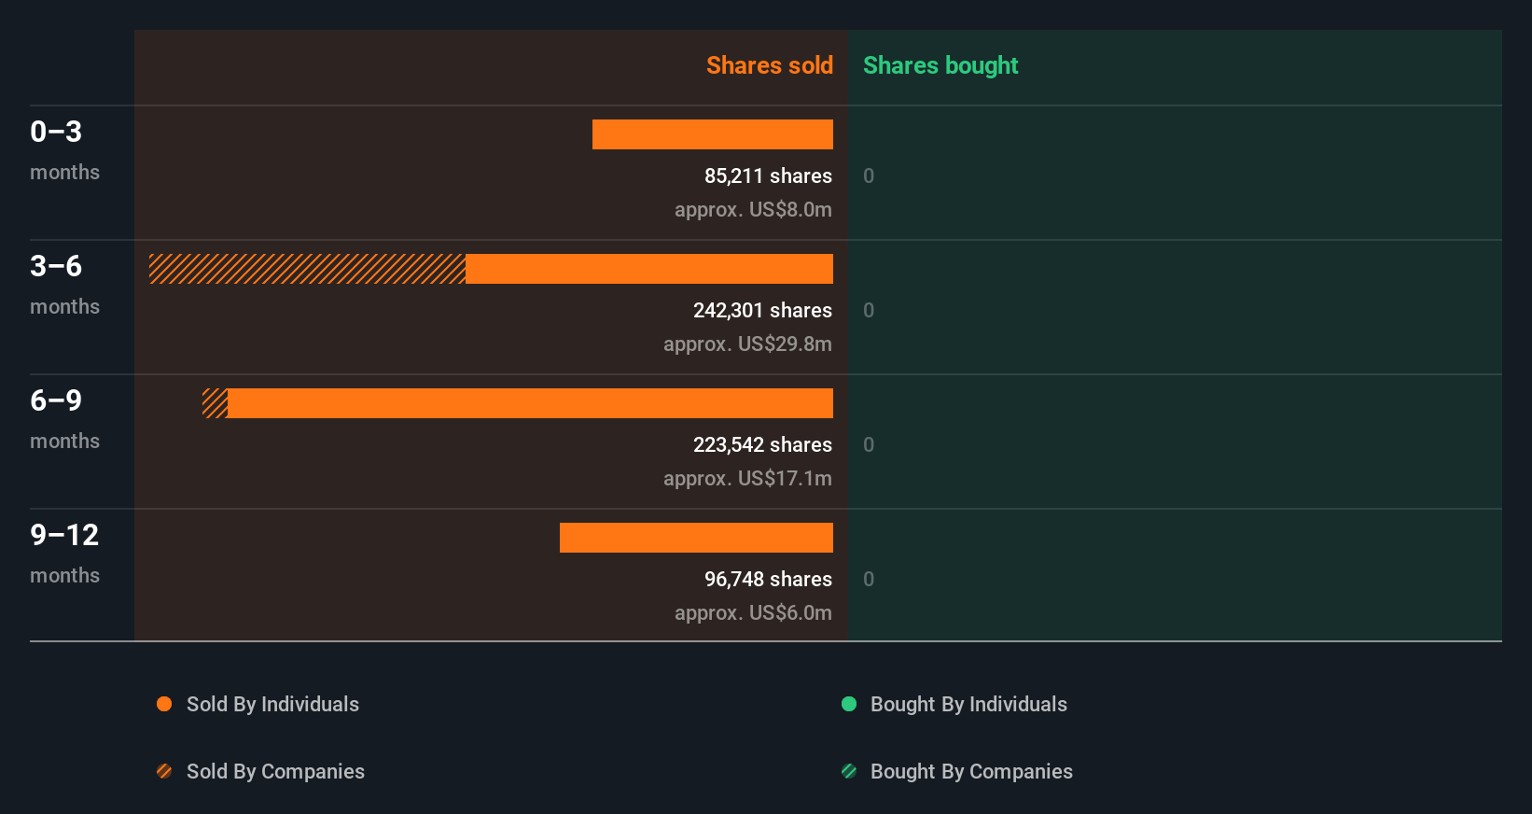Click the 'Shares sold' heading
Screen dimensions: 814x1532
pos(769,65)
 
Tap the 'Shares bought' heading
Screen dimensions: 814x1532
pos(940,65)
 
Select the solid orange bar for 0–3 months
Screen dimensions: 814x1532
pos(713,134)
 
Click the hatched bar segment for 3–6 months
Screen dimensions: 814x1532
pos(307,269)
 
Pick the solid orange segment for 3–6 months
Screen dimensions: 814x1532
pos(649,269)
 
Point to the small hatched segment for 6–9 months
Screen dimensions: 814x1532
pos(215,403)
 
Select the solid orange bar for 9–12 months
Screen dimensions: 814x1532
pos(696,538)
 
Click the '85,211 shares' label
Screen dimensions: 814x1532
pos(768,175)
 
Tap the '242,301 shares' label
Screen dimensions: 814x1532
pos(762,310)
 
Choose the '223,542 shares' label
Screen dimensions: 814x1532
pos(762,444)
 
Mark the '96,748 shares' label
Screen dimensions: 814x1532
pos(768,579)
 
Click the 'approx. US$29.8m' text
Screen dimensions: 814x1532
pos(747,344)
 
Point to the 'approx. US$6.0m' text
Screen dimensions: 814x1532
pos(753,612)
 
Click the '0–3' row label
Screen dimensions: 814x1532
pos(56,132)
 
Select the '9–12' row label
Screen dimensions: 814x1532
pos(64,535)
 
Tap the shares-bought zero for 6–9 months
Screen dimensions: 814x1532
pos(869,444)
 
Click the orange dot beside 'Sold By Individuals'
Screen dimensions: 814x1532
pos(164,704)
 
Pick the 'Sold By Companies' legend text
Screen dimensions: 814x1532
pos(275,771)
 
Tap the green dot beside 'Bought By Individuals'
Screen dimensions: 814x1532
pos(849,704)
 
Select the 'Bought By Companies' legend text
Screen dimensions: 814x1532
pos(971,771)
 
